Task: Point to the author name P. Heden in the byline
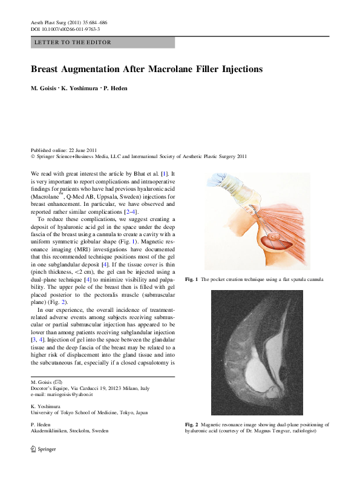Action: click(116, 88)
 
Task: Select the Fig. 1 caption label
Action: click(191, 279)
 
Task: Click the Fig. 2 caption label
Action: click(191, 425)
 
